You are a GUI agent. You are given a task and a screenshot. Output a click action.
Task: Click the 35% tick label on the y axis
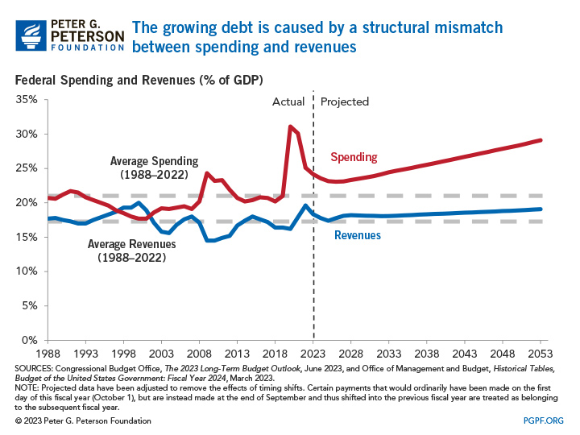(27, 100)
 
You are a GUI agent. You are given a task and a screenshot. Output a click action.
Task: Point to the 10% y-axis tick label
(27, 271)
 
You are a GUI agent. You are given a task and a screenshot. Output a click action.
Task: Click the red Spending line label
(354, 156)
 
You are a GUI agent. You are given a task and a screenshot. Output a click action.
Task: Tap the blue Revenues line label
(358, 235)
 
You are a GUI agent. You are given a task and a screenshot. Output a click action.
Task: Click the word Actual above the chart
(288, 101)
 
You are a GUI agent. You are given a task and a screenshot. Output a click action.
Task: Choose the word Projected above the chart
(345, 101)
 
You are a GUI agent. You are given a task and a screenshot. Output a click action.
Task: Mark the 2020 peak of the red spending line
(290, 126)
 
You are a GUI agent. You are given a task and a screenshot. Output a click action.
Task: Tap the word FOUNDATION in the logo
(89, 48)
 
